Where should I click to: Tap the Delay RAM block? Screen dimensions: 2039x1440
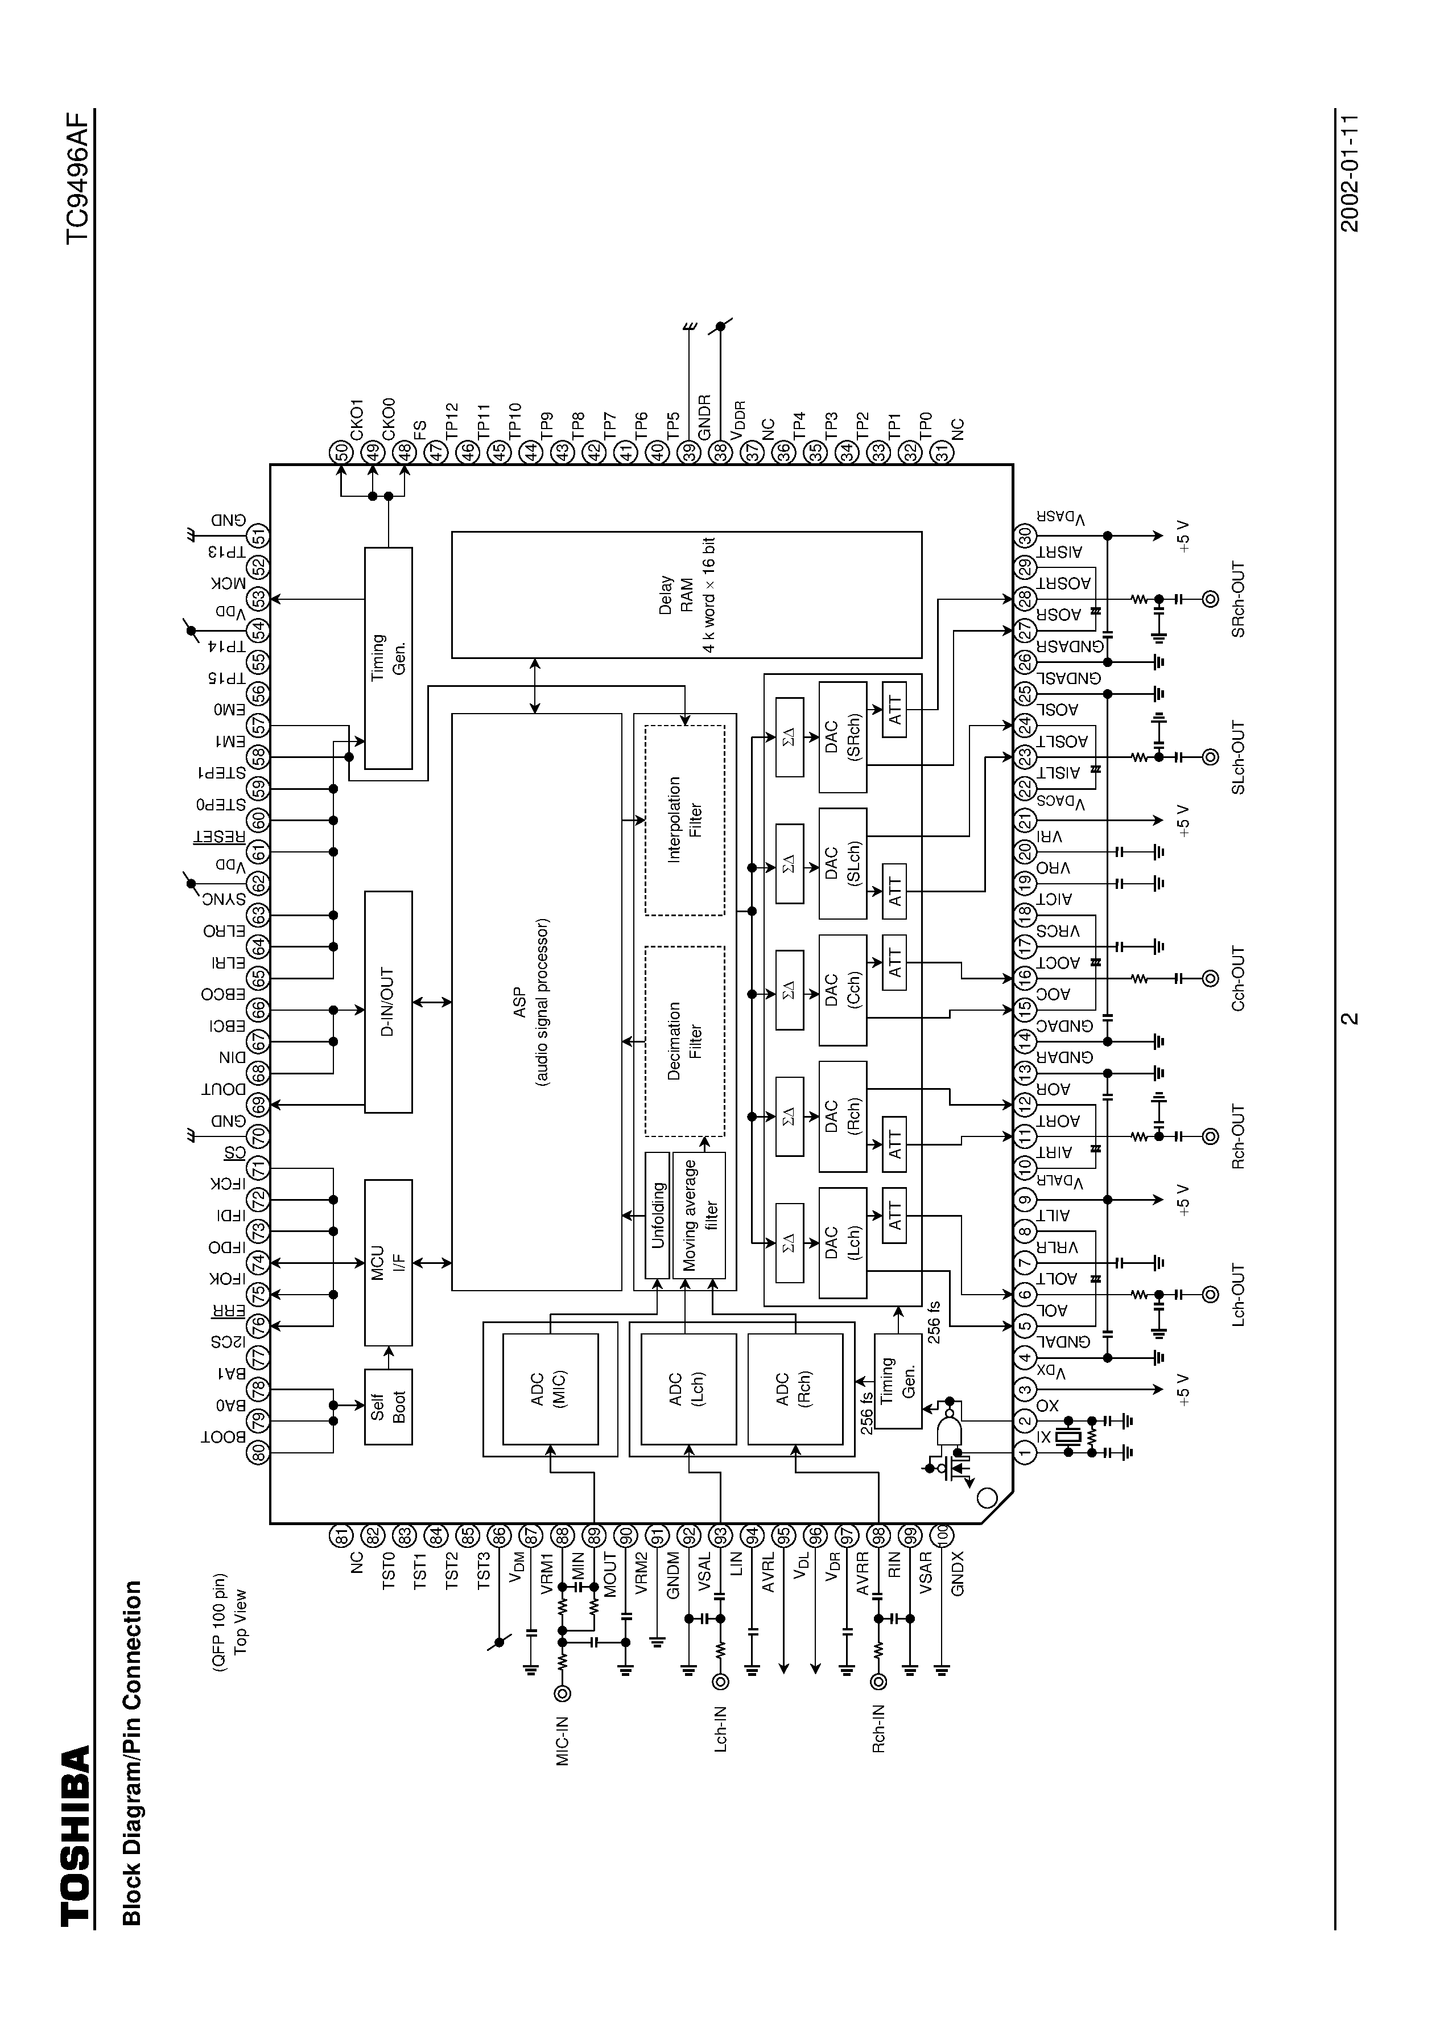686,595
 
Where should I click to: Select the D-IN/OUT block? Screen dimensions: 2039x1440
388,1002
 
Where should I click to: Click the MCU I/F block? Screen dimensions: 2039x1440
388,1261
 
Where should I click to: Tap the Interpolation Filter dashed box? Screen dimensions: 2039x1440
684,819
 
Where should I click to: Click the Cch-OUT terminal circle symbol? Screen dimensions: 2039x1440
1209,979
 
